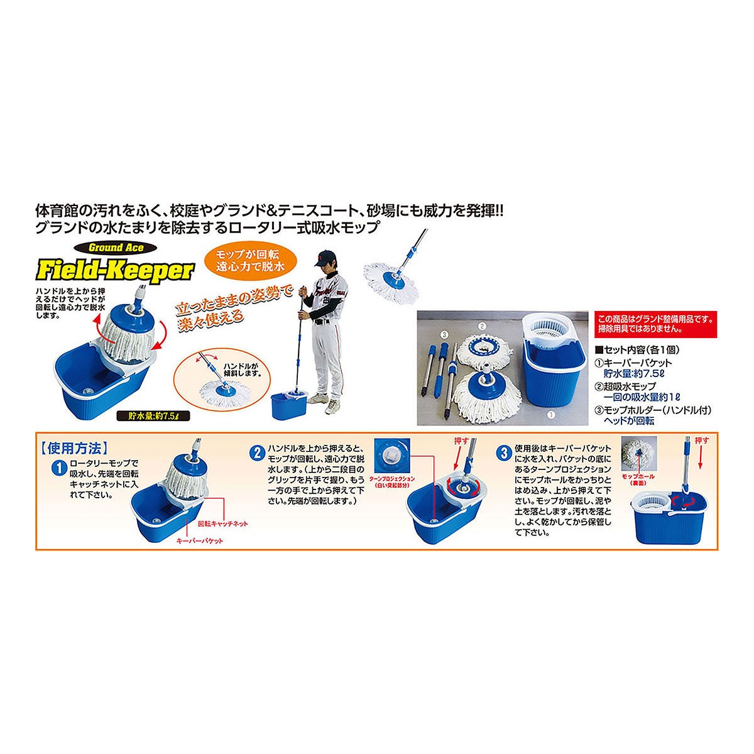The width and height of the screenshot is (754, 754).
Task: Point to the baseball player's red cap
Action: pyautogui.click(x=322, y=256)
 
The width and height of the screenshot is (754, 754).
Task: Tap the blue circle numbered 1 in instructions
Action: pyautogui.click(x=57, y=467)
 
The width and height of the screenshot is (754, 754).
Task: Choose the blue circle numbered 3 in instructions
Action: pyautogui.click(x=503, y=451)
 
